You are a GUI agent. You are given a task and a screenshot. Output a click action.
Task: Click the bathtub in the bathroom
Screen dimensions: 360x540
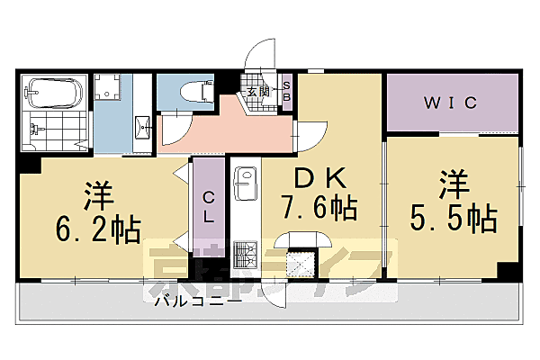pos(54,92)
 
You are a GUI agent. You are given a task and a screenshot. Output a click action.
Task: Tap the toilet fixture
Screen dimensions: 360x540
pos(193,91)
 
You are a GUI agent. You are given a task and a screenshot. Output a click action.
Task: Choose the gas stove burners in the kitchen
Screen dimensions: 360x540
pos(245,256)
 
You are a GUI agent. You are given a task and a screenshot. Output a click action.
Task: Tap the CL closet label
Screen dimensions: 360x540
pos(208,206)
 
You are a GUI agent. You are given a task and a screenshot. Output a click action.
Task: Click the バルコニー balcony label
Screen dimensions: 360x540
pos(196,302)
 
